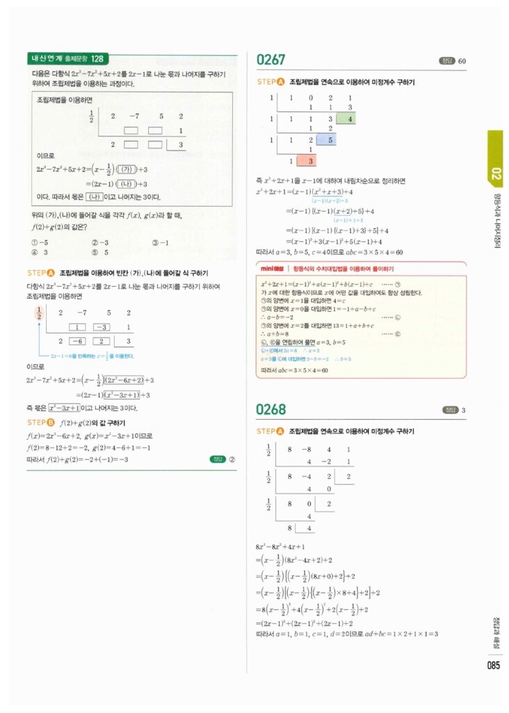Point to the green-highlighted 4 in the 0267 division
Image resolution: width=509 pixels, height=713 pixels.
350,118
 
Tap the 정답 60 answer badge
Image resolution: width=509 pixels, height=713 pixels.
452,61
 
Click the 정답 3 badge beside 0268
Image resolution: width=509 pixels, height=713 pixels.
454,409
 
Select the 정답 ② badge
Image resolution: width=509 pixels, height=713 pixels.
223,459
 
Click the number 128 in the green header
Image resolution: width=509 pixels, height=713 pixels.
97,59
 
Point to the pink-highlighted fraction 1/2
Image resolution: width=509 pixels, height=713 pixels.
39,313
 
